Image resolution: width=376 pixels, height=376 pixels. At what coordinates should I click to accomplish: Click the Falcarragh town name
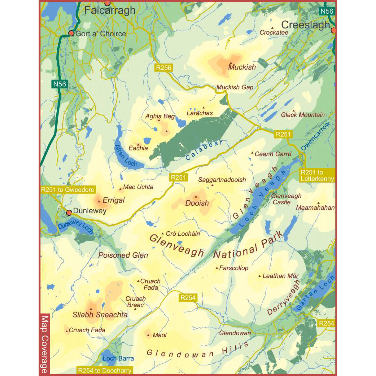tap(110, 10)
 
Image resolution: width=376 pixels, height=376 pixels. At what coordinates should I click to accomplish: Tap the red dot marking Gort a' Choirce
tap(71, 33)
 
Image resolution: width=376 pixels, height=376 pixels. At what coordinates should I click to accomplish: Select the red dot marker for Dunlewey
tap(69, 212)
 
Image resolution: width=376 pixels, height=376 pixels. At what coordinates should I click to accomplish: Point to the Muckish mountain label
tap(242, 67)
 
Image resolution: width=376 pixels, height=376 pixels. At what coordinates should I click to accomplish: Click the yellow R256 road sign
tap(164, 68)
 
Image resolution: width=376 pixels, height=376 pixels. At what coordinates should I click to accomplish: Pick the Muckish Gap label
tap(235, 87)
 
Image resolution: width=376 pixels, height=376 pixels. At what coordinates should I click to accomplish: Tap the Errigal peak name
tap(113, 200)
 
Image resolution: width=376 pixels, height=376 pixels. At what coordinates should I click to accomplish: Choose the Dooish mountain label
tap(197, 203)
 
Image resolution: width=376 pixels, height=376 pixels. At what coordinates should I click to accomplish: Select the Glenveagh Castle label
tap(286, 199)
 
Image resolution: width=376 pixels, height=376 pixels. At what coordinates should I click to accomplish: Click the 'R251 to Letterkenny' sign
tap(317, 176)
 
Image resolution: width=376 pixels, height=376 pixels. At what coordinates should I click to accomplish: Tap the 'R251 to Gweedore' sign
tap(68, 190)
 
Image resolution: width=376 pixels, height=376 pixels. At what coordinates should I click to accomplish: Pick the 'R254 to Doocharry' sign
tap(104, 370)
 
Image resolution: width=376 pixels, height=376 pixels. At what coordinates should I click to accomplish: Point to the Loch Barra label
tap(118, 358)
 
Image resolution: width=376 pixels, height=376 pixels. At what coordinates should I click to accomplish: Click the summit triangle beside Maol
tap(148, 335)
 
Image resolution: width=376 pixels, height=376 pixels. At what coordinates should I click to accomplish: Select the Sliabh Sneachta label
tap(100, 315)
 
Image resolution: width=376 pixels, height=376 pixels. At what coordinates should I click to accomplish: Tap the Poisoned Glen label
tap(123, 255)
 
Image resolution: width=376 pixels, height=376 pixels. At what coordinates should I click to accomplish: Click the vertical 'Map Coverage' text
tap(45, 344)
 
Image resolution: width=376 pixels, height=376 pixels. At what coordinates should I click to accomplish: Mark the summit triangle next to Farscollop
tap(217, 268)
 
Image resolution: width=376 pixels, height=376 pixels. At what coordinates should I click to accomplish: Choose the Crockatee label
tap(274, 33)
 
